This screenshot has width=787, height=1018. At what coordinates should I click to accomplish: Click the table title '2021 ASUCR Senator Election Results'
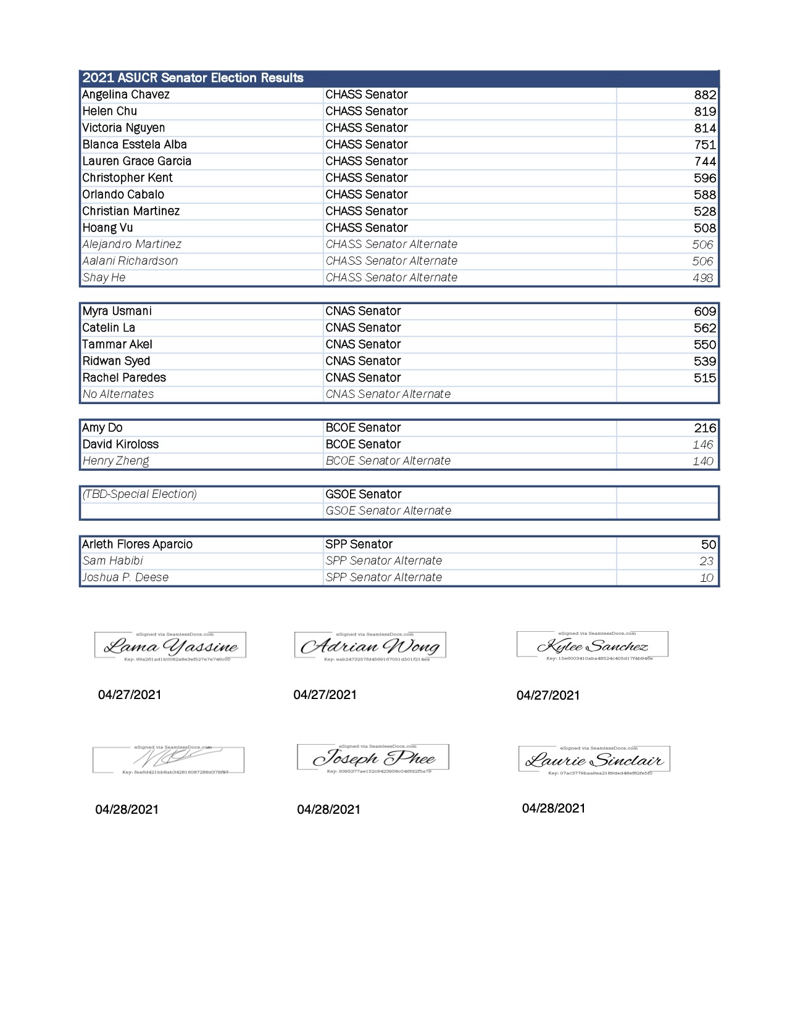[193, 78]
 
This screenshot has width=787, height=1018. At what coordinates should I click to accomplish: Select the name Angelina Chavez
[126, 95]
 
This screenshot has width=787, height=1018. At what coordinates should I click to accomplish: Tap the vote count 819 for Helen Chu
[705, 112]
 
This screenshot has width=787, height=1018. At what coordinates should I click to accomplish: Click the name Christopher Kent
[127, 178]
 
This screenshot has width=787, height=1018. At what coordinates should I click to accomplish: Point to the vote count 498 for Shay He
[702, 278]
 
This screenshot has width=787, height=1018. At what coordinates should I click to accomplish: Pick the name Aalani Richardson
[130, 261]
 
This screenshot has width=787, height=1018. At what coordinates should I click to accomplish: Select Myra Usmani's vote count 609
[705, 312]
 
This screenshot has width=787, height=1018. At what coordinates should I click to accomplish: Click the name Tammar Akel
[117, 345]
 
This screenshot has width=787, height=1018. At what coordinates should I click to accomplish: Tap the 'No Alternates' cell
[119, 394]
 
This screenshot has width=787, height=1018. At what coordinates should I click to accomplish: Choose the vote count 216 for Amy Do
[705, 428]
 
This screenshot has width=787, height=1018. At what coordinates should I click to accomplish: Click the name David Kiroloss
[120, 445]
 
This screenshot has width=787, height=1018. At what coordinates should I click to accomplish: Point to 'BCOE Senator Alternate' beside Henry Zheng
[388, 461]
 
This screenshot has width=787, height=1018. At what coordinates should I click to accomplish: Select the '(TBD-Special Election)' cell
[139, 494]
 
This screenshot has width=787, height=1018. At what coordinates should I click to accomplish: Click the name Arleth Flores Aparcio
[138, 545]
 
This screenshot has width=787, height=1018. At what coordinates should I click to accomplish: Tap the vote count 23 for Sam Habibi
[706, 561]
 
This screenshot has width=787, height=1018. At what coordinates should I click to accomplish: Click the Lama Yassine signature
[170, 647]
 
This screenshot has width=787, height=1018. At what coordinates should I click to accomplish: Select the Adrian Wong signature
[370, 647]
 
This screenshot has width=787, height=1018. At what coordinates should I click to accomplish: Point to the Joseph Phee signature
[373, 758]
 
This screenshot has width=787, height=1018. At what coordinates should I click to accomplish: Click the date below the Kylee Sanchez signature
[548, 696]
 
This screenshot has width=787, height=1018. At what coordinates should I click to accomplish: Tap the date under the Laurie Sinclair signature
[554, 809]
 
